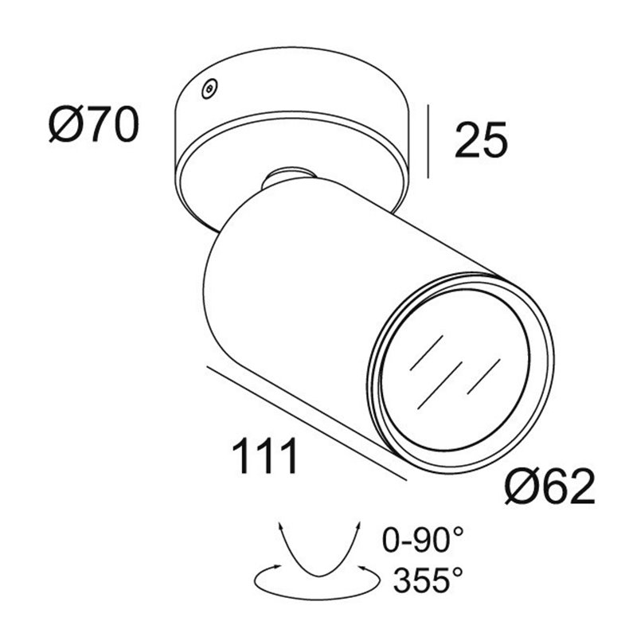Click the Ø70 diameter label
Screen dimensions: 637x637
click(x=94, y=124)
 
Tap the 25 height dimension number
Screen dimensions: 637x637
click(x=481, y=139)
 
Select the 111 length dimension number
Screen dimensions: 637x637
click(x=264, y=455)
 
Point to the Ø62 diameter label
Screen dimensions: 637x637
click(x=549, y=487)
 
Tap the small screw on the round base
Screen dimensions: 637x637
click(x=209, y=88)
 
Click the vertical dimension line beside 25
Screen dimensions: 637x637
click(x=428, y=142)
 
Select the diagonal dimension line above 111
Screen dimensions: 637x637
click(x=307, y=424)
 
